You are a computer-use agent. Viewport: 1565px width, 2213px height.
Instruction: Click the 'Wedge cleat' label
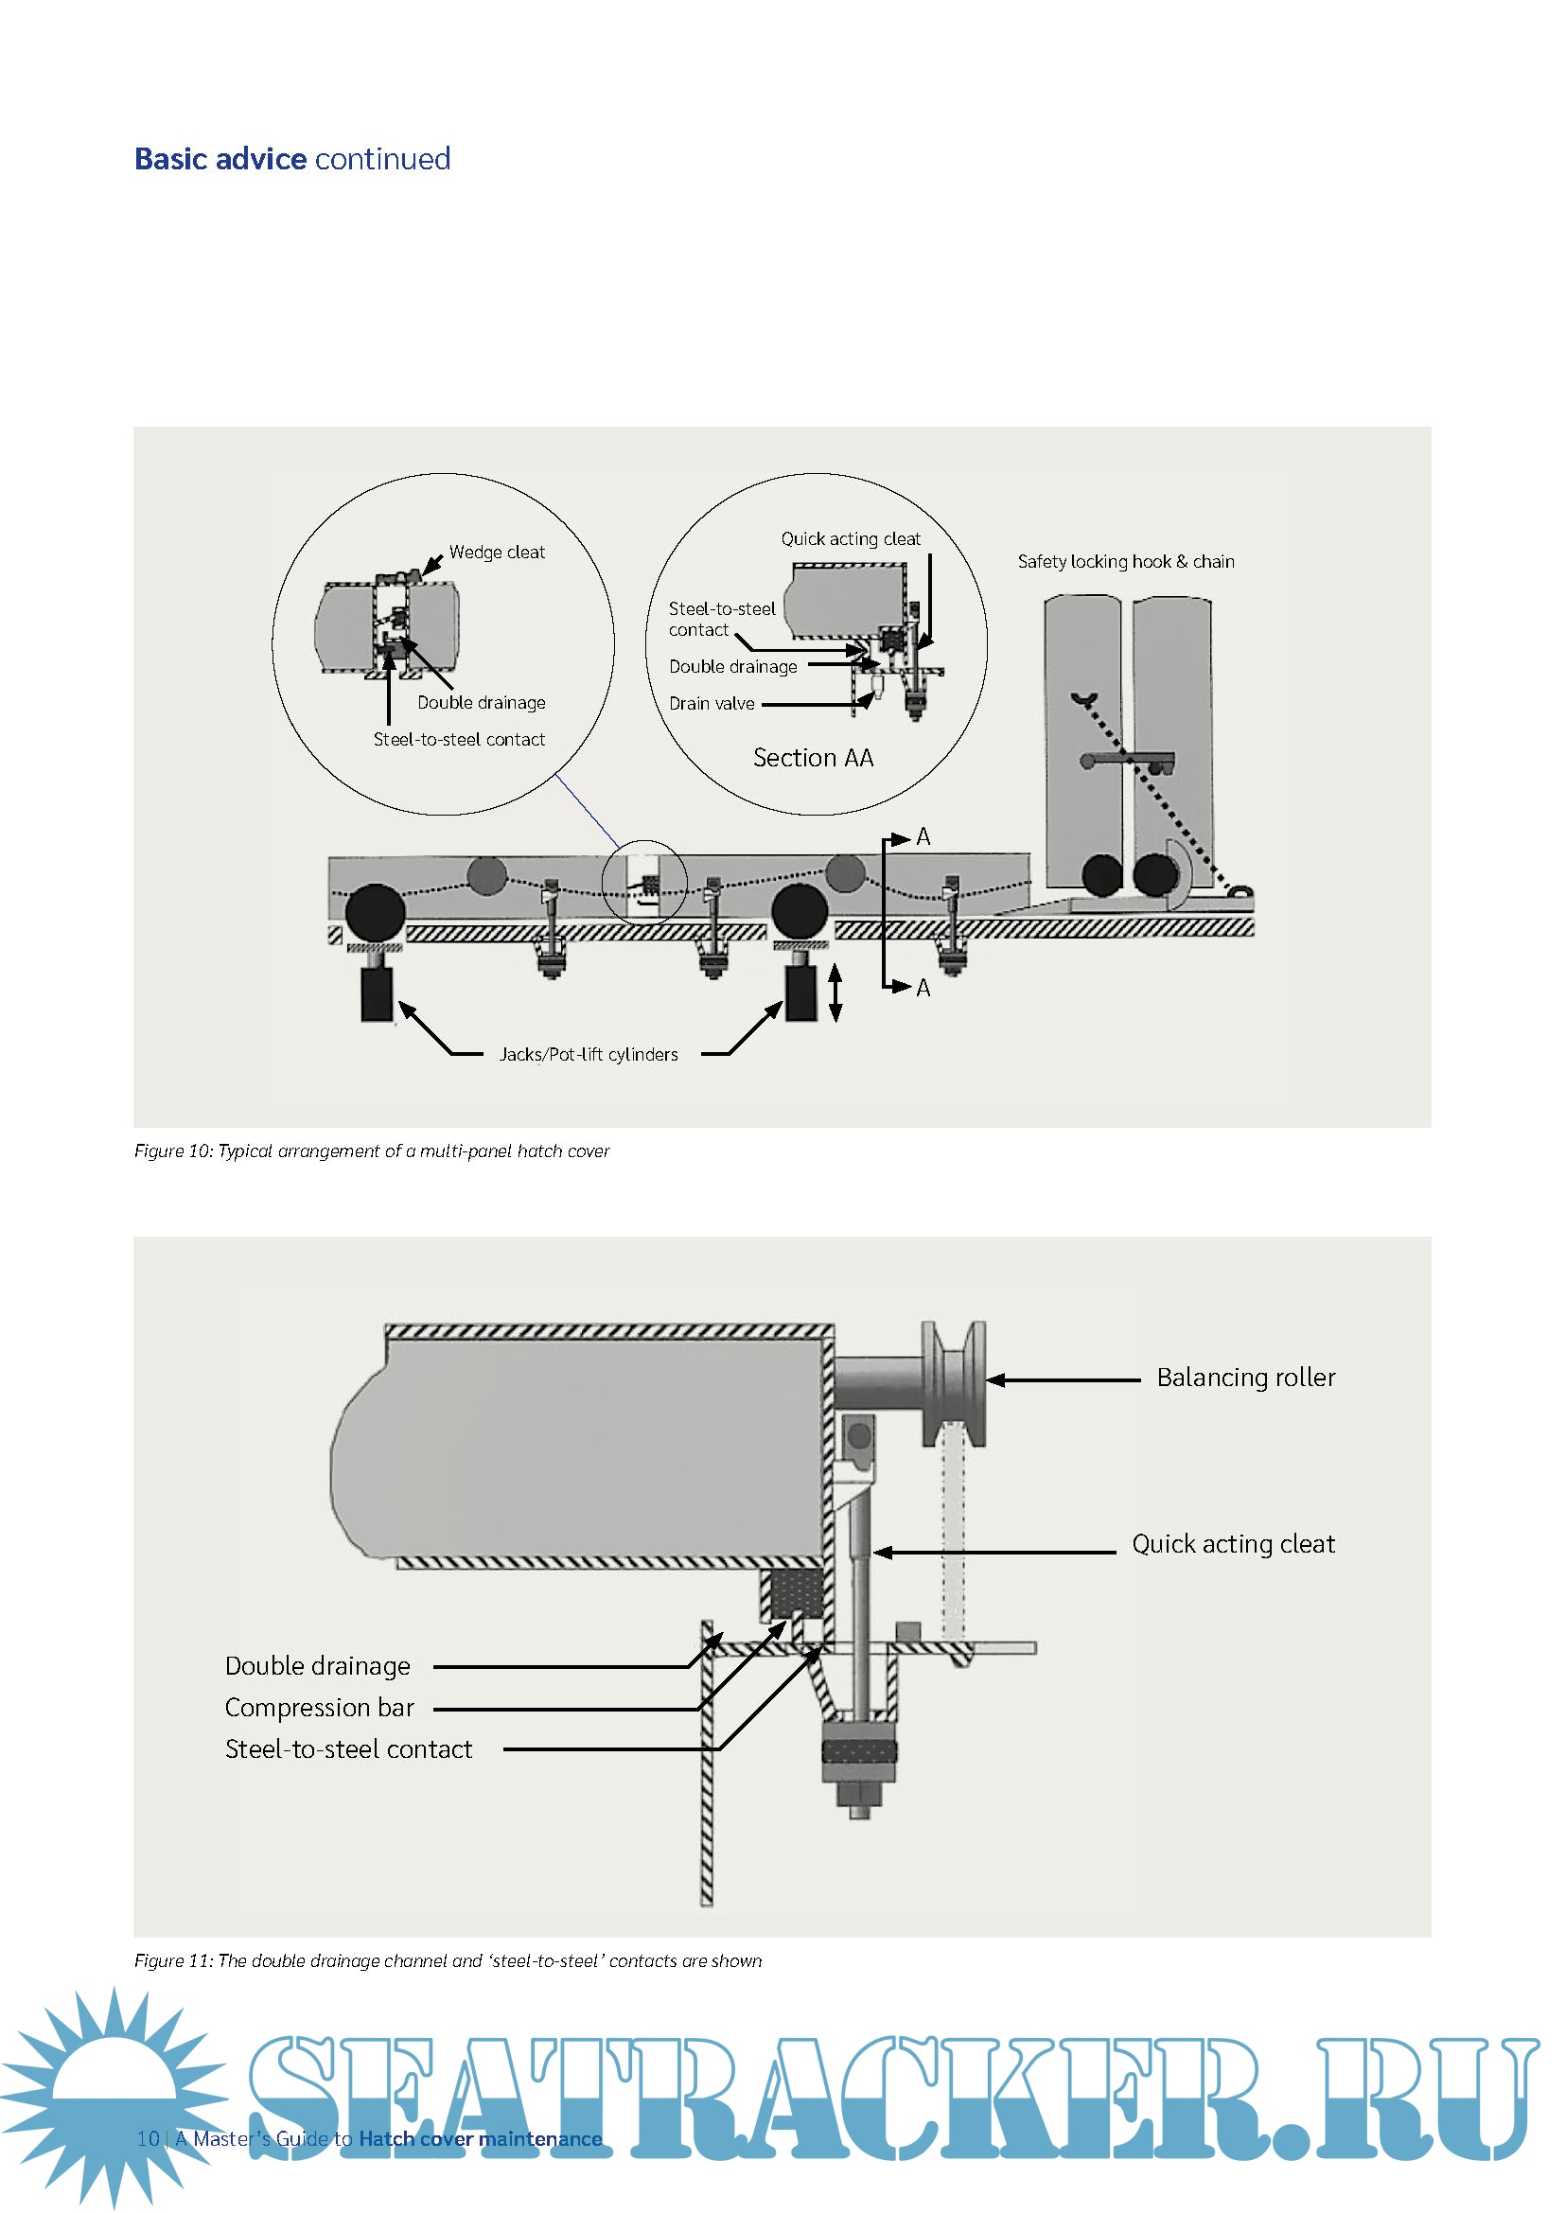click(497, 553)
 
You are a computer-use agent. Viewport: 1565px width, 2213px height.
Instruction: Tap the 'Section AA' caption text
click(813, 758)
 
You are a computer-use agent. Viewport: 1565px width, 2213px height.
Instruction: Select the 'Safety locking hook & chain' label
click(1125, 561)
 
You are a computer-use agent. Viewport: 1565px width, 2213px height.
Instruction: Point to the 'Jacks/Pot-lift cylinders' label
click(588, 1054)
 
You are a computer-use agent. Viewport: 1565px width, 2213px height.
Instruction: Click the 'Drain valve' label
click(712, 704)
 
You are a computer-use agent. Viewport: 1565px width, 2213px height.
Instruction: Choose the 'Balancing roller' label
click(1245, 1378)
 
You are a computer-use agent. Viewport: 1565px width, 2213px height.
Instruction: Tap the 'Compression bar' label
click(319, 1708)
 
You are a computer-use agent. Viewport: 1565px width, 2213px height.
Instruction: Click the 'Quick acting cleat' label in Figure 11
click(1233, 1544)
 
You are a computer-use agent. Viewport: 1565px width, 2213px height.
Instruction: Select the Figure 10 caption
click(371, 1150)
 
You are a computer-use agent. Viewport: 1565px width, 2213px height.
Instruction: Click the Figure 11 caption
click(448, 1960)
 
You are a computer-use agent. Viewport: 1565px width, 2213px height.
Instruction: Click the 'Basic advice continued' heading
click(292, 159)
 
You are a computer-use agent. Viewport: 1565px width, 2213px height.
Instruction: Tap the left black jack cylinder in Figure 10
click(377, 993)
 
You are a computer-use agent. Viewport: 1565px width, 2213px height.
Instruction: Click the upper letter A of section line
click(923, 836)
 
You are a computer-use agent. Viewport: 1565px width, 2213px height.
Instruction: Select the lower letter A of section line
click(923, 988)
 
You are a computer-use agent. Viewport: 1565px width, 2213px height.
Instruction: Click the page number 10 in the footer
click(148, 2139)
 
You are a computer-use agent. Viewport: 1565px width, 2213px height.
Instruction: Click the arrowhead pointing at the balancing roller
click(995, 1380)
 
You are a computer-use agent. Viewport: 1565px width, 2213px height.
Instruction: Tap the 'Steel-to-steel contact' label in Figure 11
click(348, 1749)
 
